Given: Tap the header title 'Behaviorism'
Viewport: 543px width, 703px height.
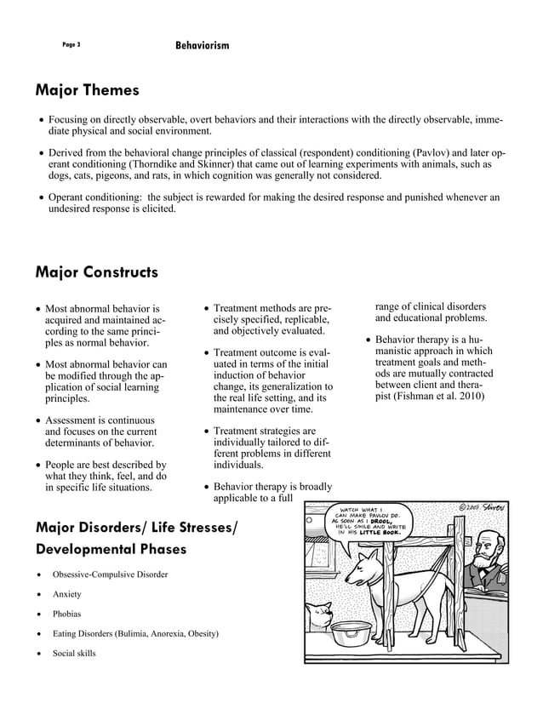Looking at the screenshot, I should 202,43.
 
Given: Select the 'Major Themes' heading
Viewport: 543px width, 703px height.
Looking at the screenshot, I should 87,89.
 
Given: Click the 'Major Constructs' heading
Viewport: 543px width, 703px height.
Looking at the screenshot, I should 96,272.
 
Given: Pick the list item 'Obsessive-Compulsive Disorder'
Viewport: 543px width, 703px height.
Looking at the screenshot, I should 110,574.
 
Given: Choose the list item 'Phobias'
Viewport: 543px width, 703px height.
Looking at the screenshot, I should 66,614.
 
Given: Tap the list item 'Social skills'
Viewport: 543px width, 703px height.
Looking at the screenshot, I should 74,654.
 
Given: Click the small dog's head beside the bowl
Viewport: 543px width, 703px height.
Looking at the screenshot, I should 319,612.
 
